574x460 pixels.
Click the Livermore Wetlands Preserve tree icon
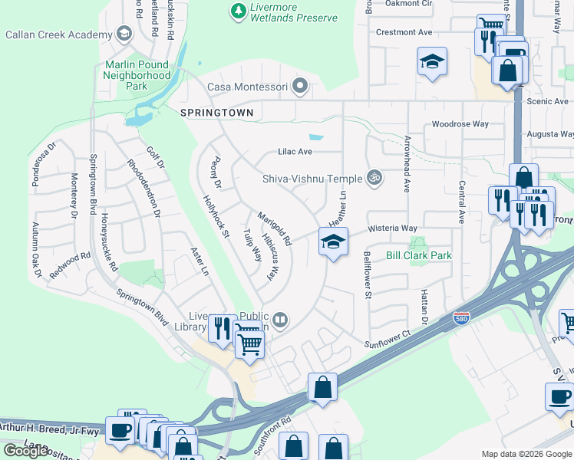click(238, 11)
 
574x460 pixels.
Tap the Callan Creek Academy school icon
click(123, 34)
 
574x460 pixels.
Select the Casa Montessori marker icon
click(299, 86)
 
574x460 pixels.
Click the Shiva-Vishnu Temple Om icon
click(374, 179)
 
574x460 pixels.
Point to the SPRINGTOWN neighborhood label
click(216, 113)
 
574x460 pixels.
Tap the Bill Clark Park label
click(418, 255)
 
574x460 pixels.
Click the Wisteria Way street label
click(392, 228)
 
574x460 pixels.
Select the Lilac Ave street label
click(294, 152)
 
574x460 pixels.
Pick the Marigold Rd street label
click(274, 228)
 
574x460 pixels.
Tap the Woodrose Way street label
click(460, 123)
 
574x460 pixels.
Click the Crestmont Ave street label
click(404, 32)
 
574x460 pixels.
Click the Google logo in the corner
click(26, 451)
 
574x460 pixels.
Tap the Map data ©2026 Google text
click(526, 454)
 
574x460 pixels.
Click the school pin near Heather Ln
click(333, 243)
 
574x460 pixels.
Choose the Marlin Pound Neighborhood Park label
click(137, 75)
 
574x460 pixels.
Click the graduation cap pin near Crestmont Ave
click(432, 62)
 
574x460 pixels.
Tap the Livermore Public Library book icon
click(280, 320)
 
